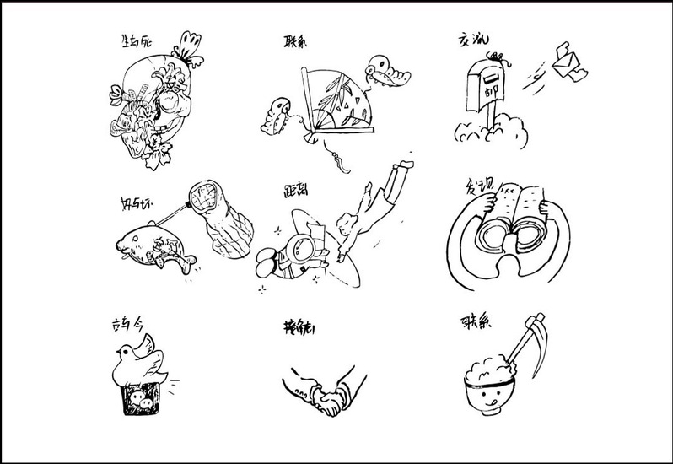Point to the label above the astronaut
click(295, 191)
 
